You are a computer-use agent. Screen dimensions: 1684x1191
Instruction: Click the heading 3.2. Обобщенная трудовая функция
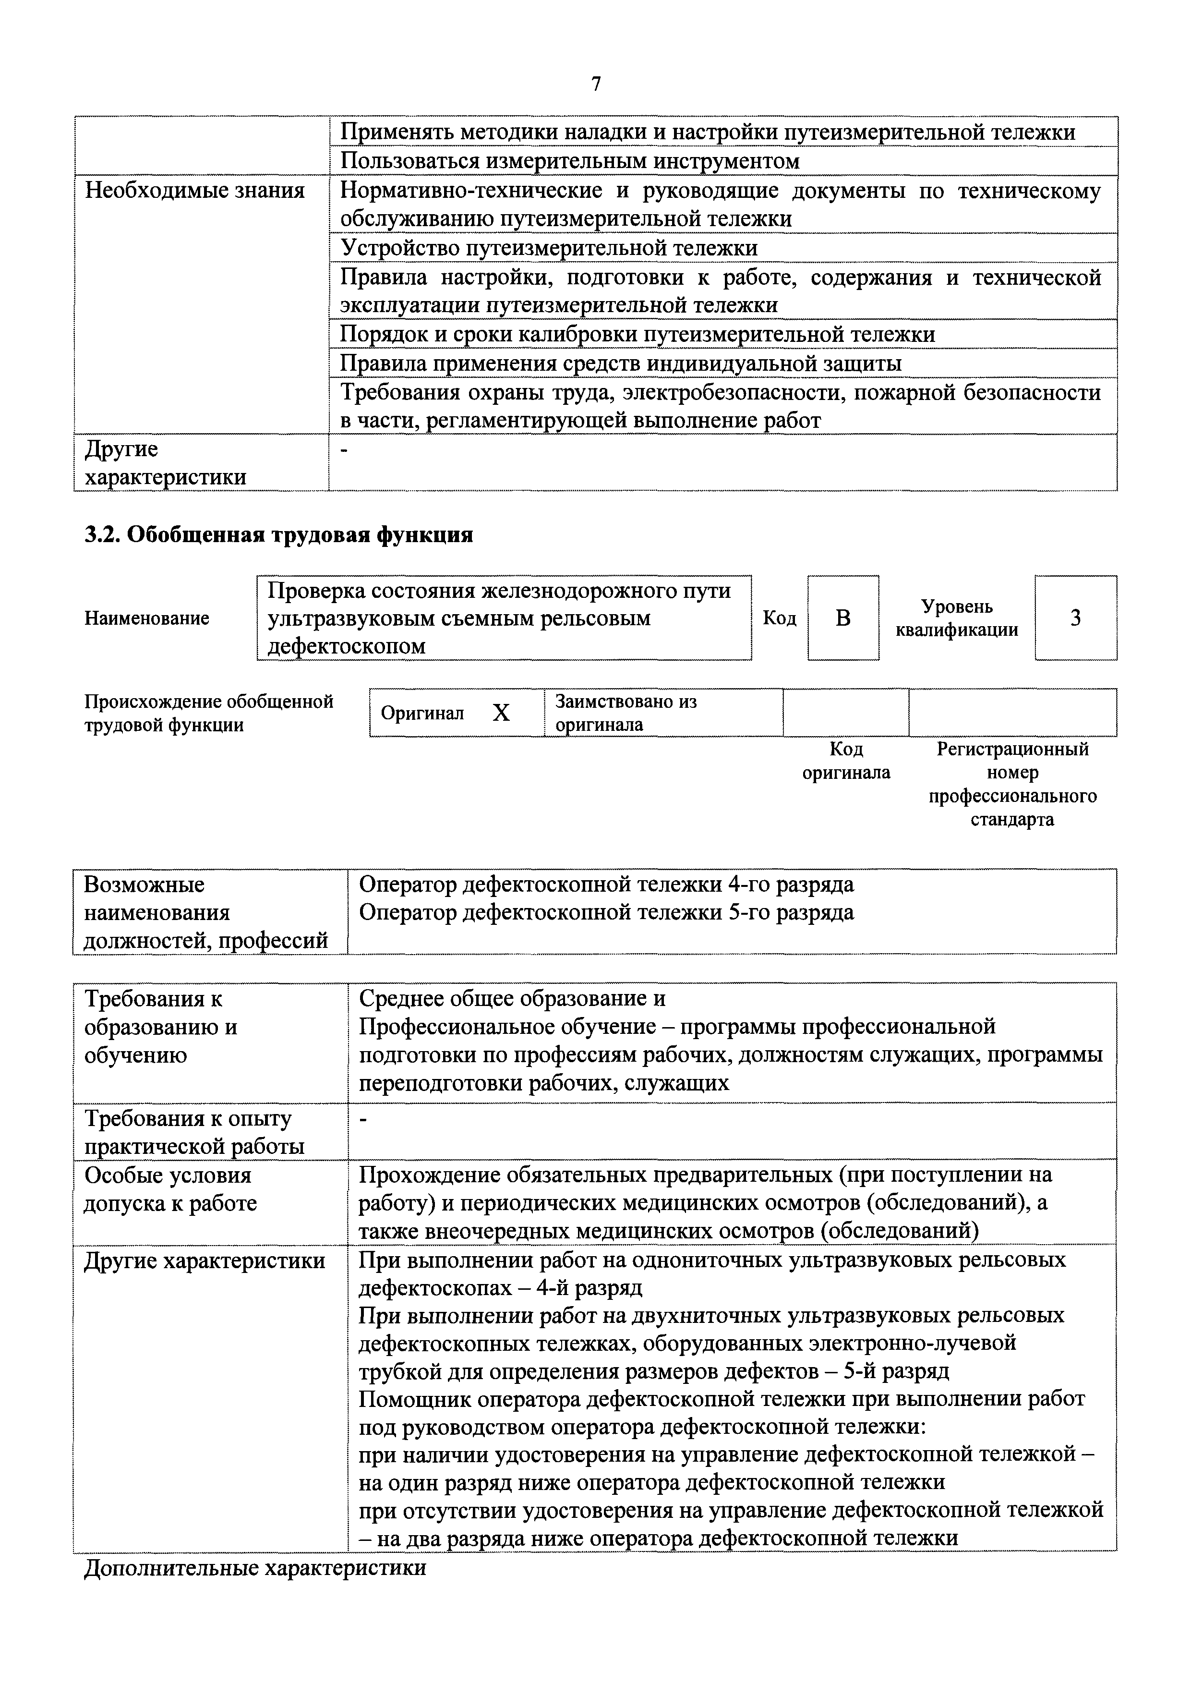pyautogui.click(x=279, y=535)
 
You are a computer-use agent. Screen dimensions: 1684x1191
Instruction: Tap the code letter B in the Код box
pyautogui.click(x=843, y=618)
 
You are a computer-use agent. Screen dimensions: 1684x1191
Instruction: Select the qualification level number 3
pyautogui.click(x=1075, y=618)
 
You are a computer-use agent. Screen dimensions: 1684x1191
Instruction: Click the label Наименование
pyautogui.click(x=147, y=618)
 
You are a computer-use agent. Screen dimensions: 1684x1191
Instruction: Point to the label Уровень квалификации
pyautogui.click(x=957, y=618)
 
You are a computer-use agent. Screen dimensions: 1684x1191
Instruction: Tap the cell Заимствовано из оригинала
pyautogui.click(x=626, y=713)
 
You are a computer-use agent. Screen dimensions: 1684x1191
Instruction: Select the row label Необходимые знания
pyautogui.click(x=194, y=191)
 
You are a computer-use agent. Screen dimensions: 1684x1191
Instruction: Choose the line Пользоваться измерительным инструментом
pyautogui.click(x=570, y=161)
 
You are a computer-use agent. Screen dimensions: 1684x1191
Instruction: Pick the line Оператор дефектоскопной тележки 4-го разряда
pyautogui.click(x=606, y=884)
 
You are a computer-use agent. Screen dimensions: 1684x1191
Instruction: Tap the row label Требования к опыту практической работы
pyautogui.click(x=194, y=1132)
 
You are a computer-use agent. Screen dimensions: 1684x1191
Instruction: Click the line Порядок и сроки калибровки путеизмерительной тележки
pyautogui.click(x=638, y=335)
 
